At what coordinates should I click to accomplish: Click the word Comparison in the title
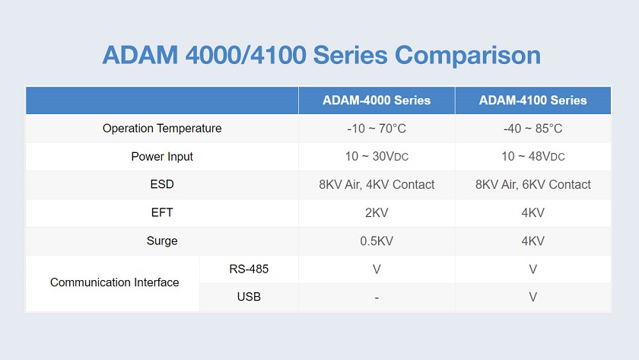point(467,56)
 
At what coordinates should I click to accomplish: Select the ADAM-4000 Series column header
point(377,100)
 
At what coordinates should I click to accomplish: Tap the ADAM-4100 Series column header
point(532,100)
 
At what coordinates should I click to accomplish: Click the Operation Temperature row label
point(162,129)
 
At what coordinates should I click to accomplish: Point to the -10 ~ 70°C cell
point(377,129)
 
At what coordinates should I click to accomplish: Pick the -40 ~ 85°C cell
point(532,129)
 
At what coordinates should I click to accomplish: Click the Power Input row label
point(162,157)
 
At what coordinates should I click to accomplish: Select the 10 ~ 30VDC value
point(377,157)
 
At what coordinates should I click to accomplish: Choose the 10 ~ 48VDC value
point(532,157)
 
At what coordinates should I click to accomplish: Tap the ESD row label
point(162,184)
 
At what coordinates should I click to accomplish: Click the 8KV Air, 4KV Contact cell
point(377,185)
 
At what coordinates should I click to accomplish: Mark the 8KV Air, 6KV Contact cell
point(532,185)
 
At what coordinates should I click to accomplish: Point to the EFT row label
point(162,212)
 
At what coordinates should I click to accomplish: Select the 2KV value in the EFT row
point(377,213)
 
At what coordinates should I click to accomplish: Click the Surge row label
point(162,241)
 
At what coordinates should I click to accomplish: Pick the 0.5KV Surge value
point(377,241)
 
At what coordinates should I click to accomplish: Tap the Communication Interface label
point(115,282)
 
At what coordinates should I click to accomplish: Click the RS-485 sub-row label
point(249,269)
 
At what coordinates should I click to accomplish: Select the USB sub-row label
point(249,297)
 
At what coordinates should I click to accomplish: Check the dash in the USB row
point(377,298)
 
